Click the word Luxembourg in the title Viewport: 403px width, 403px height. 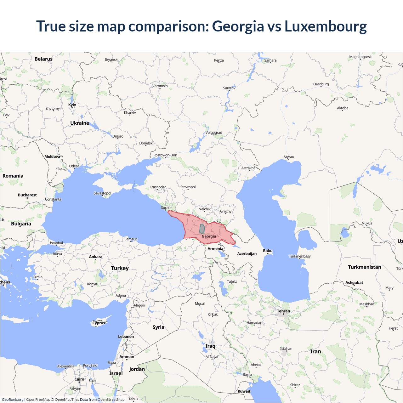point(326,26)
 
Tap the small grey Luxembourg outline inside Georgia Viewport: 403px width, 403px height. point(202,229)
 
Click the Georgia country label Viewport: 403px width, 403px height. point(209,236)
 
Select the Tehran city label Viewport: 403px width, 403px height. point(283,311)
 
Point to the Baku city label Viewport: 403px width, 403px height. point(268,251)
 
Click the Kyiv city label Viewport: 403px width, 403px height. point(72,105)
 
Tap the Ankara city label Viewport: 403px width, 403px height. point(96,257)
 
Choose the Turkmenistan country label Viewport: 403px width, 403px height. point(364,267)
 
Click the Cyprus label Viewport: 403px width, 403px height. point(99,323)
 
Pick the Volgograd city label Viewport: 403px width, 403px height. point(214,133)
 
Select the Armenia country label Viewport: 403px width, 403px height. point(215,249)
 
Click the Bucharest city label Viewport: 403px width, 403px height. point(27,195)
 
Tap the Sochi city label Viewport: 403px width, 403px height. point(165,207)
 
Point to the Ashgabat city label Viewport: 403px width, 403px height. point(354,283)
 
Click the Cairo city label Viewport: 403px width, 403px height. point(79,379)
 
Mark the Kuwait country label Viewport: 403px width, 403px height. point(244,391)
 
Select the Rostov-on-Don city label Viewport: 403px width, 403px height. point(165,155)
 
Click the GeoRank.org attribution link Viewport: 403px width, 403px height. point(13,400)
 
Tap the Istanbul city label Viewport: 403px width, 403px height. point(56,243)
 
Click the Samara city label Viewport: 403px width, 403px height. point(270,60)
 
